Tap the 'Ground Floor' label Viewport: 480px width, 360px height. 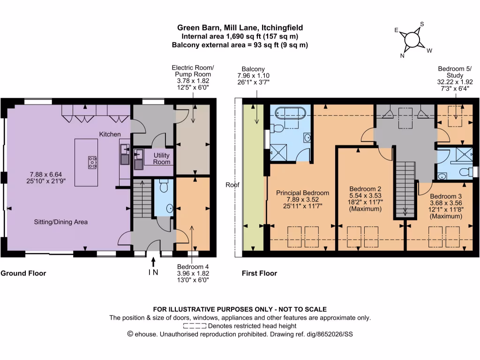pos(23,273)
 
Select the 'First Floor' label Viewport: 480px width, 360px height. pos(259,273)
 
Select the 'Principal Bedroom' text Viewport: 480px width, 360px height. pos(302,193)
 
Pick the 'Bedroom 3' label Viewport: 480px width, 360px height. pos(445,196)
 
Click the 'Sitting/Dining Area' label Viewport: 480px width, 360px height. pos(60,222)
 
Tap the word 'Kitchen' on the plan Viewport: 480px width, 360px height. pos(110,135)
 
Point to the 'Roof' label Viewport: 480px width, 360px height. pos(232,185)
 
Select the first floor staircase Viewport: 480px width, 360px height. pos(406,187)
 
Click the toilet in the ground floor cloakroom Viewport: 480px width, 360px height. pos(164,187)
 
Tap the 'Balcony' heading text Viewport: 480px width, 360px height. pos(253,69)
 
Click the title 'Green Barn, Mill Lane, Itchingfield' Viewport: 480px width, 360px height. pos(240,28)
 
